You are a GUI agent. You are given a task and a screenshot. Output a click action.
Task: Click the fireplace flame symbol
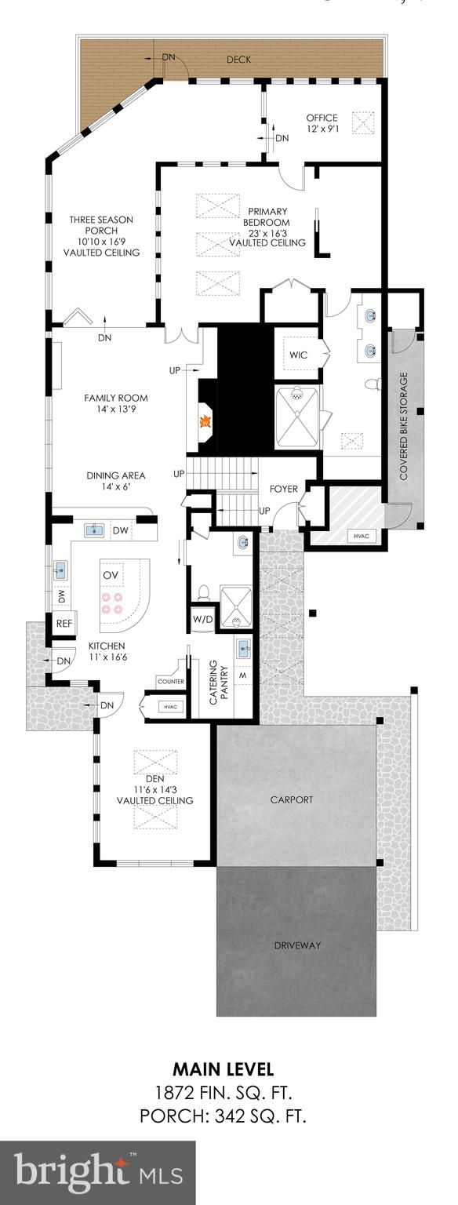205,421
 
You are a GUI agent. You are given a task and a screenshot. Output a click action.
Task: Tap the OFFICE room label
322,118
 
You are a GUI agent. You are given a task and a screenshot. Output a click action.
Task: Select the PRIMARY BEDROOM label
267,211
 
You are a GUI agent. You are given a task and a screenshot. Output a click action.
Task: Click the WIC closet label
298,355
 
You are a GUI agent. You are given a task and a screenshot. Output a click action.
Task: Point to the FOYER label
283,489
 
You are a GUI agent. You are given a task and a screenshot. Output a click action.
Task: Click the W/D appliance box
202,619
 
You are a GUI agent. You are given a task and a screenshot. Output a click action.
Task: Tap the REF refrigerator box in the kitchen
64,624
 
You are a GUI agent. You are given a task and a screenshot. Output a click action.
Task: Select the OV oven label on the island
111,575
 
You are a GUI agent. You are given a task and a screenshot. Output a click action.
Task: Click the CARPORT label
291,799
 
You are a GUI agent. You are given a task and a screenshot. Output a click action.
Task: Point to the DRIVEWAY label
297,945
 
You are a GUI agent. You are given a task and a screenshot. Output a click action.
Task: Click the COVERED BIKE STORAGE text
404,426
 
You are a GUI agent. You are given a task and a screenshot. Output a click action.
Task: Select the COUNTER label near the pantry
170,682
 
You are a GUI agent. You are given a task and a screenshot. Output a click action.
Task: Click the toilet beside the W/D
202,591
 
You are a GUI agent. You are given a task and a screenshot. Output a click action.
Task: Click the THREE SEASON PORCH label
100,220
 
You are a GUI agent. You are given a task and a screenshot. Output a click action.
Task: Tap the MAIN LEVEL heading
223,1069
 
